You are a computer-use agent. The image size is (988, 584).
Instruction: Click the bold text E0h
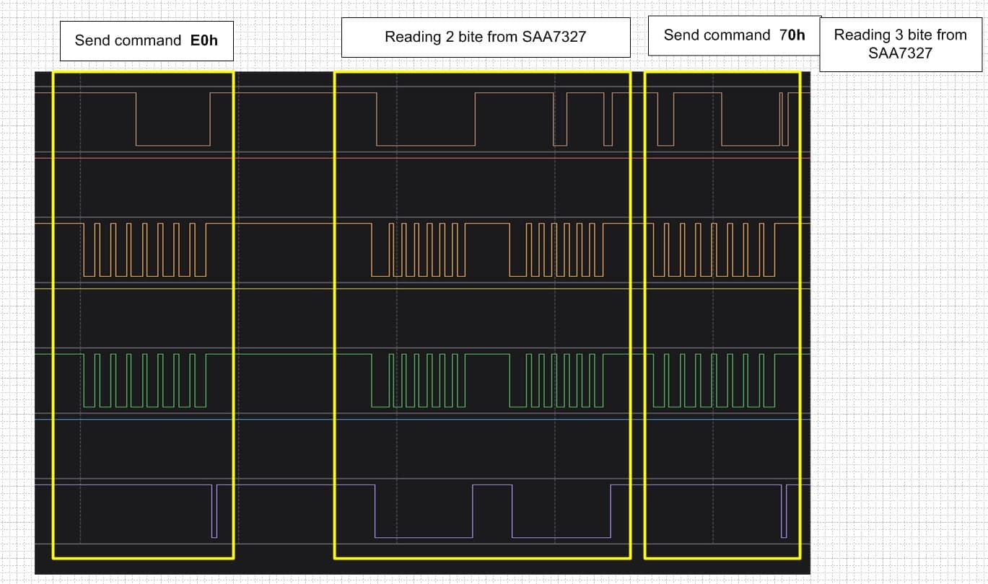pos(204,40)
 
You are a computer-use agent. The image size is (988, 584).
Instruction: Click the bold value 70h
pos(792,35)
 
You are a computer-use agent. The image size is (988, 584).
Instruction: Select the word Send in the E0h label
pos(92,40)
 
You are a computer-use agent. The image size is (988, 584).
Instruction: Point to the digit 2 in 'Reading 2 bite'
pos(450,37)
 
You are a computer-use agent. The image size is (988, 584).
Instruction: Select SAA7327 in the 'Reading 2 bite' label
pos(554,37)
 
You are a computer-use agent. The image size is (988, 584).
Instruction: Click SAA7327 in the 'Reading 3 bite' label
pos(900,53)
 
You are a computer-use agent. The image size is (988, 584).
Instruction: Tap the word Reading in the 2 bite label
pos(413,37)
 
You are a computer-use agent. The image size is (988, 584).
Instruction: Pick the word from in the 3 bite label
pos(952,35)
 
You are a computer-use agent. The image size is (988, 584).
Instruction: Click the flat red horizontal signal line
pos(422,158)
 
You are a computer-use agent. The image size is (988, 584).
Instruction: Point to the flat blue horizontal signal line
pos(422,419)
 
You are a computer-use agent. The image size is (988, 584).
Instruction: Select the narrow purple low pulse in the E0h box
pos(214,511)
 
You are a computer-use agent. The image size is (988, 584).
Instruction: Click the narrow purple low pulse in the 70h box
pos(784,511)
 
